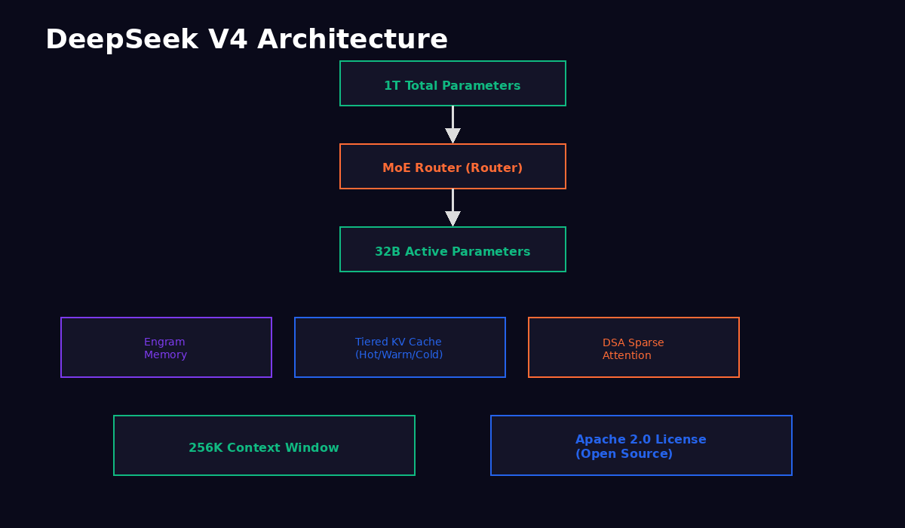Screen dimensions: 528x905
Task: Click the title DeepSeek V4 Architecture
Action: point(247,40)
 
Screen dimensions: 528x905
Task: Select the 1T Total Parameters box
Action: point(452,84)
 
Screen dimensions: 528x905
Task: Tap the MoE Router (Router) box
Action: point(452,167)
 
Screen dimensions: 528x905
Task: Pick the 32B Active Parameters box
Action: point(452,250)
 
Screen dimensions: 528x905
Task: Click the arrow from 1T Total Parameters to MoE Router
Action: point(452,125)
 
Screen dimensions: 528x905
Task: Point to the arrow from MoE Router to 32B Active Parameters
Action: point(452,208)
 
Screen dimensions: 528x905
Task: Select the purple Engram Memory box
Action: point(166,348)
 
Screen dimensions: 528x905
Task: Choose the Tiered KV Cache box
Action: point(400,348)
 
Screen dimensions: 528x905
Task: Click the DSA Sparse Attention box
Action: point(633,348)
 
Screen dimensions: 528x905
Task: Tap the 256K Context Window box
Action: point(264,446)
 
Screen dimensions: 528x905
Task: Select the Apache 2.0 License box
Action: point(641,446)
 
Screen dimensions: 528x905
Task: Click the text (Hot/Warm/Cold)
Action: point(399,355)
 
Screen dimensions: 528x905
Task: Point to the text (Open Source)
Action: point(624,454)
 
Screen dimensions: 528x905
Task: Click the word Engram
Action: point(164,342)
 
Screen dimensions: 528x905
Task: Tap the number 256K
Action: point(206,448)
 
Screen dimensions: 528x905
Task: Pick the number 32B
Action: point(388,252)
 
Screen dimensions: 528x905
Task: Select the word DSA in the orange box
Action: point(614,343)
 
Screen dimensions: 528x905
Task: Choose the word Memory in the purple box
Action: point(165,355)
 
